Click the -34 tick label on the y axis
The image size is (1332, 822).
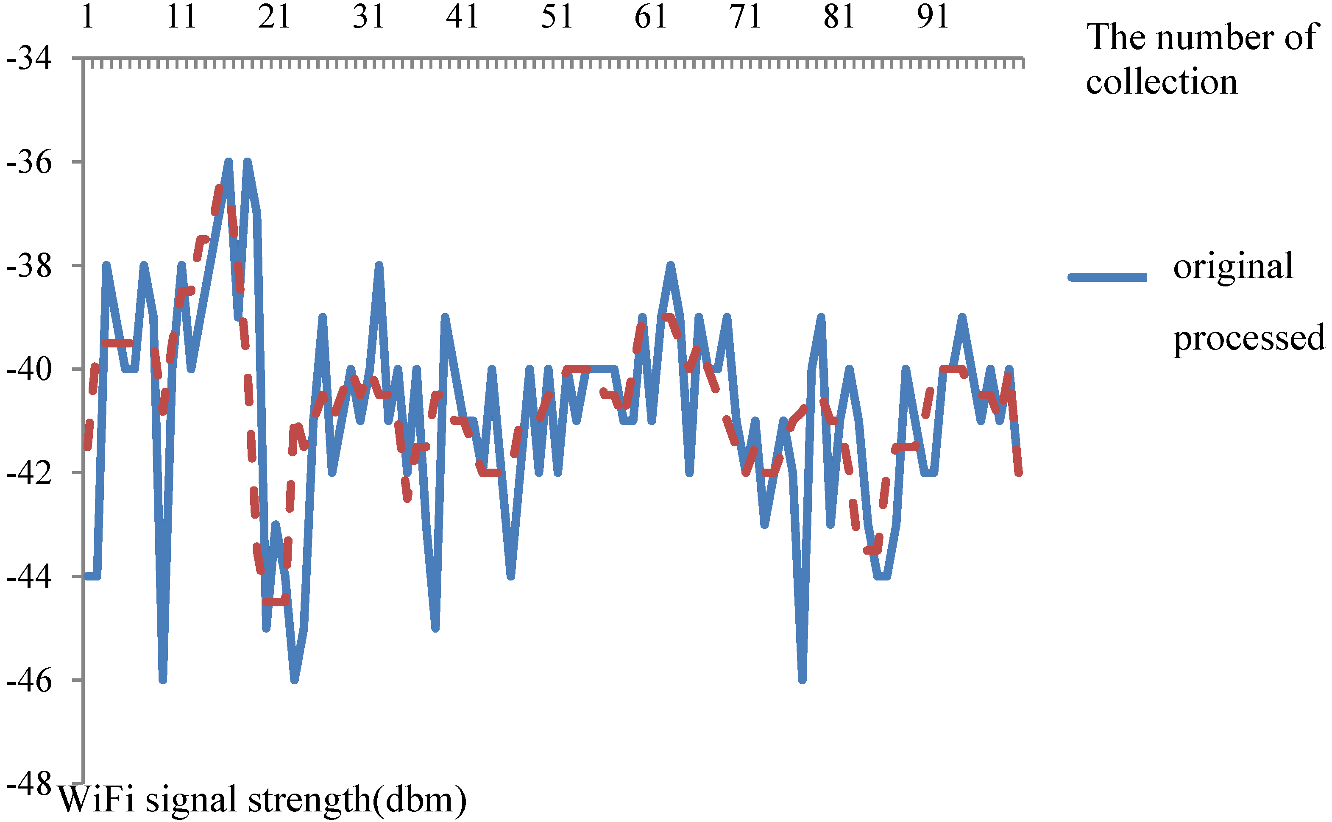pyautogui.click(x=29, y=58)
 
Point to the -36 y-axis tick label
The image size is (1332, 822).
pyautogui.click(x=29, y=162)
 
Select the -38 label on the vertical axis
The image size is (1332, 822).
pyautogui.click(x=29, y=266)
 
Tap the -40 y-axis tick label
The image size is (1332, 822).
pyautogui.click(x=29, y=369)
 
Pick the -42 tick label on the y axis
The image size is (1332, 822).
pyautogui.click(x=29, y=473)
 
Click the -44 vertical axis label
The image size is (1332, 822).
pyautogui.click(x=29, y=577)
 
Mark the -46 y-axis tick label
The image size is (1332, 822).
pyautogui.click(x=29, y=680)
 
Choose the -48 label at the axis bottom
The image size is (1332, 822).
pyautogui.click(x=29, y=784)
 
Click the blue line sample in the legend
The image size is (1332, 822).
pyautogui.click(x=1107, y=277)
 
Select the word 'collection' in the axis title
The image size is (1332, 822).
pyautogui.click(x=1161, y=82)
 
